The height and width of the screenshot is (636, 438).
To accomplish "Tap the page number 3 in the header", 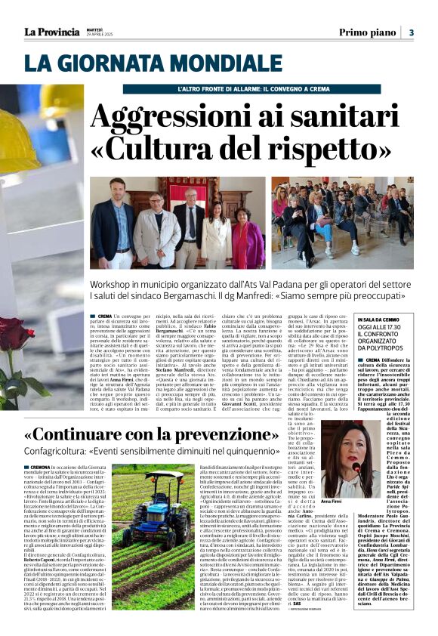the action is click(x=411, y=32).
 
